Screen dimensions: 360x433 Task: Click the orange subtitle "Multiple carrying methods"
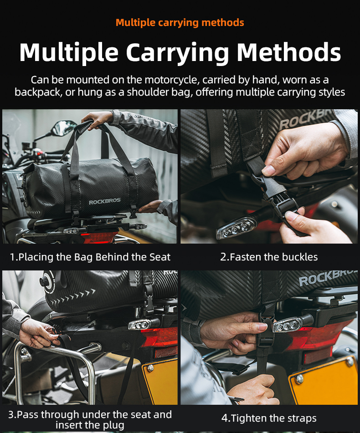[180, 23]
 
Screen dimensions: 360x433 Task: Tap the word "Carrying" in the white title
[177, 52]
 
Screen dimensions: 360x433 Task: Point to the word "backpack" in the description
[37, 92]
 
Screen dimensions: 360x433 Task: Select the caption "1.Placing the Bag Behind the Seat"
[90, 257]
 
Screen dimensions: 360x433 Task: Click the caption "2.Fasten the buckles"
[269, 257]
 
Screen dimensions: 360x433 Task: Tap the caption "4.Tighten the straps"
[269, 418]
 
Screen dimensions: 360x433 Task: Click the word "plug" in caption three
[113, 425]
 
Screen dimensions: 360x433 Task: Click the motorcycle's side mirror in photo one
[64, 127]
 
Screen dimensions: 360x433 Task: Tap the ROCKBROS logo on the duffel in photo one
[105, 201]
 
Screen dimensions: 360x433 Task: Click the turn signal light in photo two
[236, 228]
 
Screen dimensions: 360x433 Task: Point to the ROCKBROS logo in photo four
[327, 278]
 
